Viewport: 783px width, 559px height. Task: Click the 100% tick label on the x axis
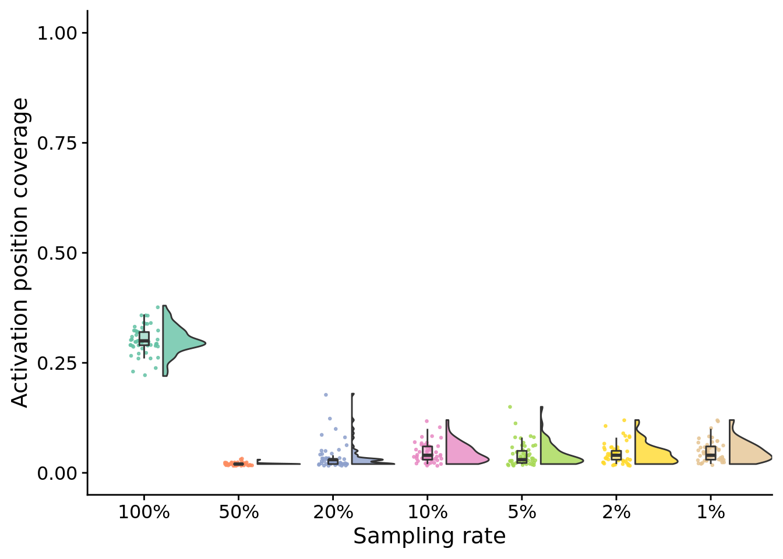coord(144,512)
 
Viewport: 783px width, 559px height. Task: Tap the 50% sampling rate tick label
coord(239,512)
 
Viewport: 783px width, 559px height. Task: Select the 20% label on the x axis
coord(333,512)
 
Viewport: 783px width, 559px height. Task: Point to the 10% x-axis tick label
coord(428,512)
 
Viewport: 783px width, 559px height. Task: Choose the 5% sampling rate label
coord(522,512)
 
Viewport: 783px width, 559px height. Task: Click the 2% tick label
coord(616,512)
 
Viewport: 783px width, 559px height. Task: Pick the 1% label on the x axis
coord(711,512)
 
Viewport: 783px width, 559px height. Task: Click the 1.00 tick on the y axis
coord(57,33)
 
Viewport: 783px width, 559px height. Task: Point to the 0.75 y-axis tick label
coord(57,143)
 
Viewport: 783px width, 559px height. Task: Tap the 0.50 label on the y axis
coord(57,253)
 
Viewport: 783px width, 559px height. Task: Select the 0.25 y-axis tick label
coord(57,363)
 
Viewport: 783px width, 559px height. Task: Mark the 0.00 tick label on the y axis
coord(57,473)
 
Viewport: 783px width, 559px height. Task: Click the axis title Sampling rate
coord(429,536)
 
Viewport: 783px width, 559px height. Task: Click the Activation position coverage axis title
coord(20,253)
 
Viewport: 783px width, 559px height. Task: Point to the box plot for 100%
coord(144,339)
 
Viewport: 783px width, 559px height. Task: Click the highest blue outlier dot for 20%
coord(326,395)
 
